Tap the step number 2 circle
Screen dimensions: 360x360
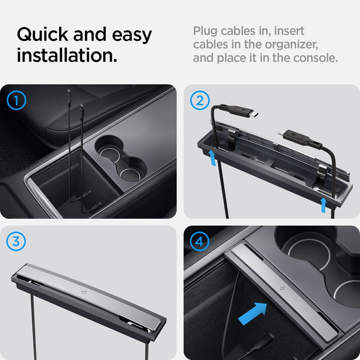[x=199, y=100]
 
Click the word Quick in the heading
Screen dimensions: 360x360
[x=42, y=35]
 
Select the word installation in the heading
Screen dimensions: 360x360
[x=67, y=56]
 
